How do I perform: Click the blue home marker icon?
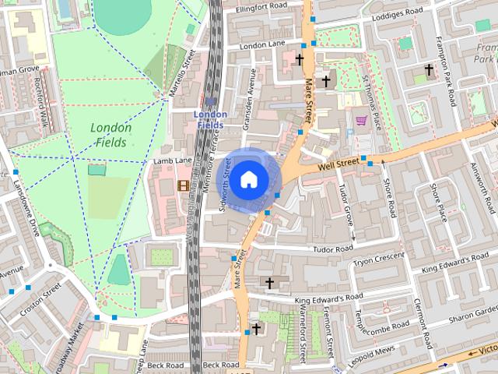click(x=247, y=179)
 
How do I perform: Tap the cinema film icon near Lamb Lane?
click(x=183, y=185)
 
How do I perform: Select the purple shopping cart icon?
click(x=361, y=121)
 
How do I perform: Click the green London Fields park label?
click(x=111, y=135)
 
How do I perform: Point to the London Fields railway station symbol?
click(x=211, y=101)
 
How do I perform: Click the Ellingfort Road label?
click(x=254, y=5)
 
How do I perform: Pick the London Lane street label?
click(x=264, y=46)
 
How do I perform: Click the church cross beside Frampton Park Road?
click(x=427, y=70)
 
